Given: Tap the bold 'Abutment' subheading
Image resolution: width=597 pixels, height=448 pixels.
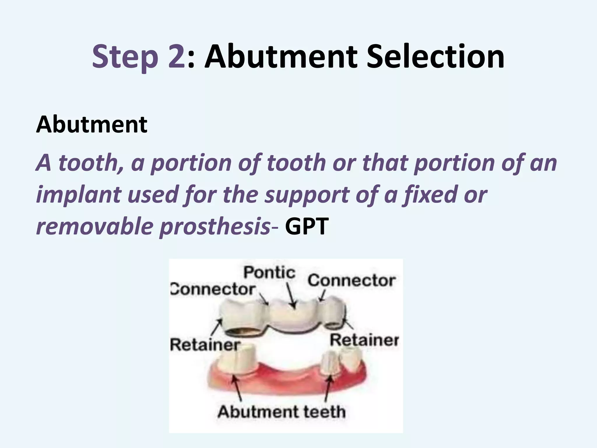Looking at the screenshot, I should [92, 125].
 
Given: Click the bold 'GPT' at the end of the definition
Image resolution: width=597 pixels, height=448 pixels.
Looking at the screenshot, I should [307, 227].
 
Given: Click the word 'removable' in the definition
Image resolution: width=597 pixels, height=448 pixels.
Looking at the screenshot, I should [94, 227].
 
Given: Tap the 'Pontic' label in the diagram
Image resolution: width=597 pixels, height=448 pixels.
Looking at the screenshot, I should [269, 272].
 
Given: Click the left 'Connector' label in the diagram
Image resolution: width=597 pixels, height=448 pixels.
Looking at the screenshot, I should [213, 289].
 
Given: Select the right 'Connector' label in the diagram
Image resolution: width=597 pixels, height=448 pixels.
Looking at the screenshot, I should [352, 281].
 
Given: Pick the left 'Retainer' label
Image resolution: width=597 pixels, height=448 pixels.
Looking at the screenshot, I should [205, 345].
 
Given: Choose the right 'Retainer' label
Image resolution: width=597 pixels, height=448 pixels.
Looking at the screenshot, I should [364, 340].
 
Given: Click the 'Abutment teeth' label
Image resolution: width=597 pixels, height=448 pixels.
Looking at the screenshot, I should [281, 412].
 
